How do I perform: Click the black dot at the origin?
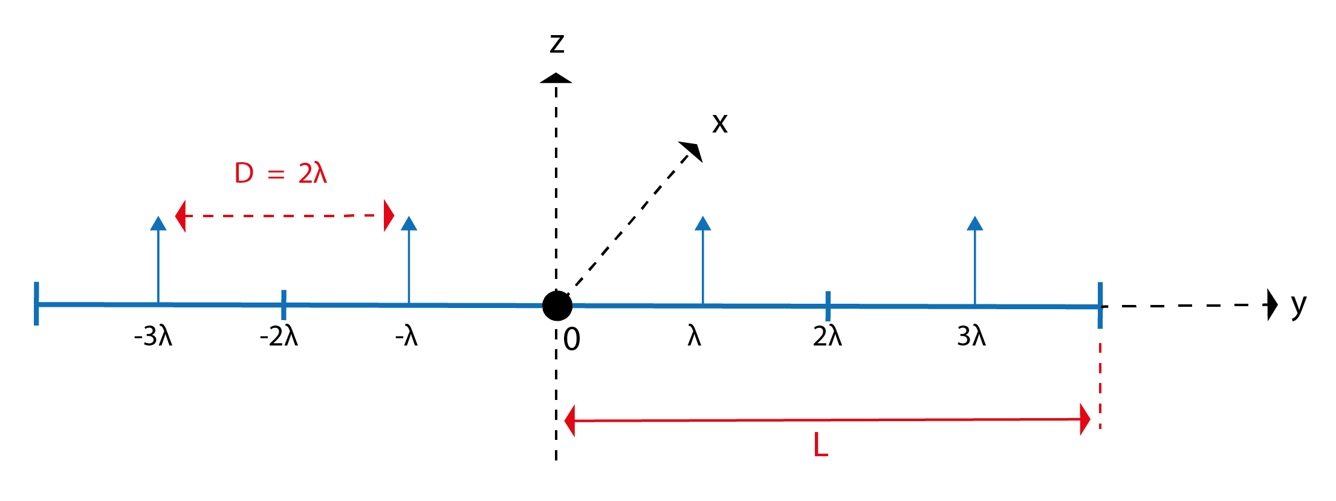click(557, 306)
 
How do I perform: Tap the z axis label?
click(557, 43)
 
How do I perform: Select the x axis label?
click(719, 123)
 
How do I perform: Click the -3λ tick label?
click(154, 336)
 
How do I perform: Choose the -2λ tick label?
click(279, 336)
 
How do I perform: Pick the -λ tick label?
click(407, 336)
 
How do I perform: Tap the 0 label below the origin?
click(572, 339)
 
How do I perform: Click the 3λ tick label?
click(971, 336)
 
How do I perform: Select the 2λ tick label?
click(827, 336)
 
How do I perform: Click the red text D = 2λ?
click(280, 174)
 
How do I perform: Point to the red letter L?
click(820, 446)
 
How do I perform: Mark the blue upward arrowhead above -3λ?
click(158, 223)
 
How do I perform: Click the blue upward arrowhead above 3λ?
click(974, 223)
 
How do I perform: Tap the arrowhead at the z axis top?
click(556, 78)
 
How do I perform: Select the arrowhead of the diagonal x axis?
click(693, 150)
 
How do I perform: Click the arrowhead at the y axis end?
click(1272, 304)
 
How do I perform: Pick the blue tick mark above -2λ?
click(284, 304)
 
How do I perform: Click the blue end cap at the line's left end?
click(37, 304)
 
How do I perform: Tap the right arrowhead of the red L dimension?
click(1085, 419)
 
